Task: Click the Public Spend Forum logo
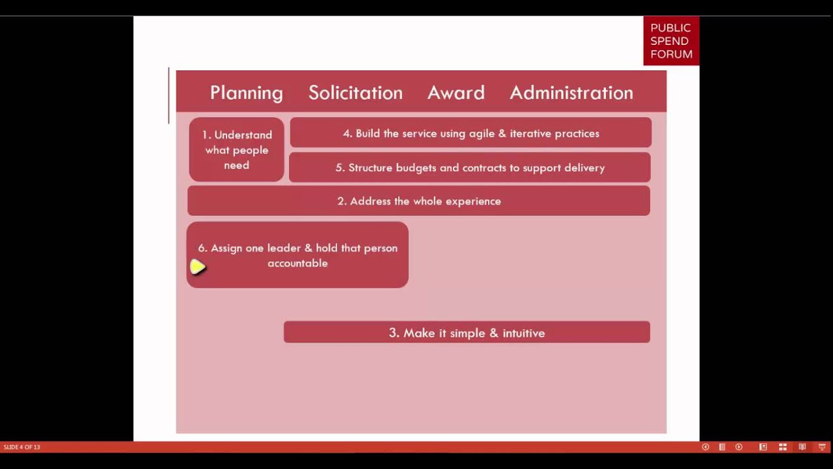(671, 41)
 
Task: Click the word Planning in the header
(246, 92)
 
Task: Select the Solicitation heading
(355, 92)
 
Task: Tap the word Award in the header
(456, 92)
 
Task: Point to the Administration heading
(571, 92)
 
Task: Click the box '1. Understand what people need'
(237, 150)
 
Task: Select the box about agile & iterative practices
(471, 134)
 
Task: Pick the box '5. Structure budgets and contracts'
(470, 168)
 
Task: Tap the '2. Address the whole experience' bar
(418, 201)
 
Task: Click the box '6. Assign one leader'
(297, 255)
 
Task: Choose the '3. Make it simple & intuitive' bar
(467, 333)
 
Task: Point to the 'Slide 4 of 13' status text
(22, 447)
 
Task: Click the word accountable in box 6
(297, 263)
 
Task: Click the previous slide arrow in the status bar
(705, 447)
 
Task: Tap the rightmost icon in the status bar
(823, 447)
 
